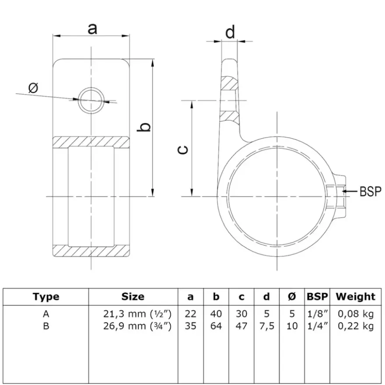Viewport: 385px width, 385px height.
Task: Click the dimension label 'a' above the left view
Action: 92,29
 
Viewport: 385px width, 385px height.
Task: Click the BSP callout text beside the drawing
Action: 370,191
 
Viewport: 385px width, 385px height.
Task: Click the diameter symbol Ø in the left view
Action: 34,88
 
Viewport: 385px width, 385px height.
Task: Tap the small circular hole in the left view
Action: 91,100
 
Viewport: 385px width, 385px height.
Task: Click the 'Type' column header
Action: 46,297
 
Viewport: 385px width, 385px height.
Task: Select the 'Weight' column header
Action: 356,297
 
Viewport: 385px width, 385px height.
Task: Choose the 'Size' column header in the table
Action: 133,297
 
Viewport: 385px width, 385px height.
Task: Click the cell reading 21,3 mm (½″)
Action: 137,314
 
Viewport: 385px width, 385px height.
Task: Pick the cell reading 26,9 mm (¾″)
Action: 137,326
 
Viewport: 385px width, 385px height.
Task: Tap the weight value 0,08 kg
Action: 356,314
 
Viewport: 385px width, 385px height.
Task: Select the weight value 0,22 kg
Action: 356,326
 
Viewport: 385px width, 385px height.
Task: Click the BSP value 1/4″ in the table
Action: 318,326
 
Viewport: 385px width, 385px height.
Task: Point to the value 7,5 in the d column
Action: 266,326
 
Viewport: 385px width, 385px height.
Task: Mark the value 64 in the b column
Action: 216,326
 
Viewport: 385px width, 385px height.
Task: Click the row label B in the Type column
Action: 46,326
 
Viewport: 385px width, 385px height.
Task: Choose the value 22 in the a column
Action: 191,314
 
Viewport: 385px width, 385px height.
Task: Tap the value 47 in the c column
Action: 241,326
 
